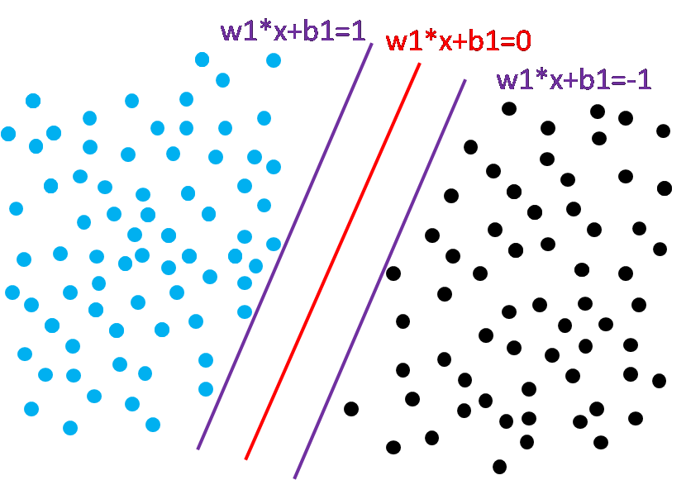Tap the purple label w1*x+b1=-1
click(574, 79)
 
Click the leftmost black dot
click(351, 408)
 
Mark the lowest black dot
click(499, 467)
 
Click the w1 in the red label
click(403, 42)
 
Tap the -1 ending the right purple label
click(638, 79)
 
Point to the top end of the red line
click(420, 64)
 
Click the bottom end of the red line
click(245, 459)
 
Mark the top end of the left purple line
click(372, 44)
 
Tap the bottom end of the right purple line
click(294, 478)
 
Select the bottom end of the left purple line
click(198, 449)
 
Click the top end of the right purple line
click(465, 80)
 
